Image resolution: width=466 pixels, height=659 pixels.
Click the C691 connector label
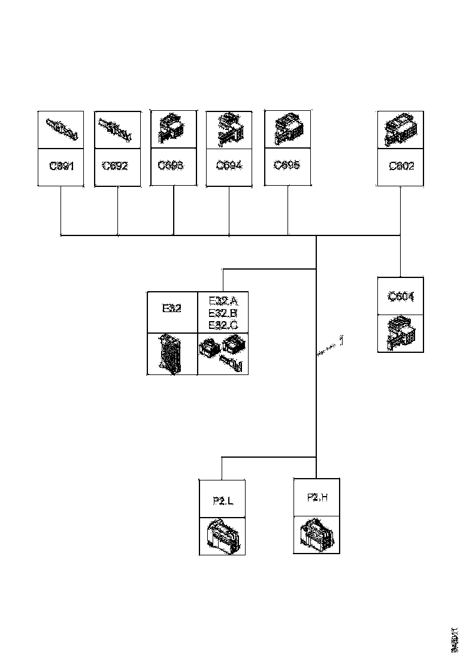click(x=61, y=166)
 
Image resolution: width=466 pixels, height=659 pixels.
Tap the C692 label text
click(x=115, y=166)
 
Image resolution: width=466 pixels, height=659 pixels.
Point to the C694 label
click(x=229, y=165)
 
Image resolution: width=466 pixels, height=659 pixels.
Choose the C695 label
click(x=287, y=165)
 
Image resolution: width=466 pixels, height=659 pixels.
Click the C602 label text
click(x=401, y=166)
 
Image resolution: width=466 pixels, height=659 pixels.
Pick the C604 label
click(x=401, y=296)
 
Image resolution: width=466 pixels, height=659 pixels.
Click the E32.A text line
click(x=223, y=301)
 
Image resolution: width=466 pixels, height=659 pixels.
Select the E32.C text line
click(x=223, y=325)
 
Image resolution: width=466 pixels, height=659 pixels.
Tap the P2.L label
click(x=223, y=501)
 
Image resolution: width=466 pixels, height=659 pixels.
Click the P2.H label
click(x=317, y=497)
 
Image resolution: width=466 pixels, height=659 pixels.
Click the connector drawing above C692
click(x=116, y=129)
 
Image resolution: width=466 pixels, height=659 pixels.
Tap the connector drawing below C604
click(x=401, y=333)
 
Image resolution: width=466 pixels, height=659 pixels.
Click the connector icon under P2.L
click(x=222, y=536)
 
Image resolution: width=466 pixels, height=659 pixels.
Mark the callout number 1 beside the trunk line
click(x=341, y=341)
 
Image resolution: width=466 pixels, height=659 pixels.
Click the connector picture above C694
click(x=229, y=129)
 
